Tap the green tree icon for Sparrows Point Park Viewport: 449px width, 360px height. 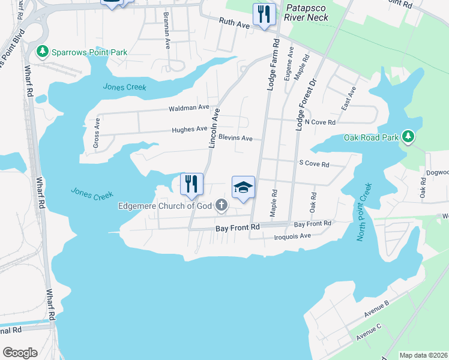point(43,52)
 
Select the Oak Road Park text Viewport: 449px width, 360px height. point(371,137)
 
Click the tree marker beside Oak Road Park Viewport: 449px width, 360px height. point(409,137)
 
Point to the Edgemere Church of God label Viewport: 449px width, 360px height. point(166,206)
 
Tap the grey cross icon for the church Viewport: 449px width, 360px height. point(221,206)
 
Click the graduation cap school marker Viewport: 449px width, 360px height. point(243,188)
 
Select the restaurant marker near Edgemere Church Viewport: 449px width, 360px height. point(191,184)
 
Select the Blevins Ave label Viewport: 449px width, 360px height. point(235,138)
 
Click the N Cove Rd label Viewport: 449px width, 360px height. point(319,122)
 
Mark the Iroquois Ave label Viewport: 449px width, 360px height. point(292,236)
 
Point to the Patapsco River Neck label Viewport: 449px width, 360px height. point(307,12)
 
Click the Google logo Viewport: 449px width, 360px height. point(20,353)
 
